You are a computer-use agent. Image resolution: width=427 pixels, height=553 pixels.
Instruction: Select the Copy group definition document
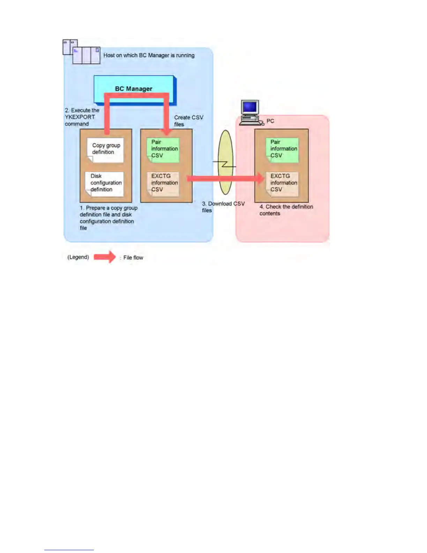(105, 150)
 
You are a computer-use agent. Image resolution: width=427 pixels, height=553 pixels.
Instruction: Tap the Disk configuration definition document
(104, 183)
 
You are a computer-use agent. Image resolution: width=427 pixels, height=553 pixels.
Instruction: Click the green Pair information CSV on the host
(163, 149)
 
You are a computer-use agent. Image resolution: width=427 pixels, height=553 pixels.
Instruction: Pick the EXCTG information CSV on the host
(163, 183)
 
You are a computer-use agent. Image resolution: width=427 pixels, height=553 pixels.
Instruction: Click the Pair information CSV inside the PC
(283, 149)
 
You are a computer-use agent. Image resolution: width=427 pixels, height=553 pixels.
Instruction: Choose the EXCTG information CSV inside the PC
(283, 183)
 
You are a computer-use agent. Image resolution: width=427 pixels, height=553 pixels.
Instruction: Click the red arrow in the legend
(105, 257)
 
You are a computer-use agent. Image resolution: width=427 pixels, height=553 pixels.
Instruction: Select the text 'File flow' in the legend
(133, 258)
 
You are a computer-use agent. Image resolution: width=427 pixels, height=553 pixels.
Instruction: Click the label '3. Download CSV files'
(223, 207)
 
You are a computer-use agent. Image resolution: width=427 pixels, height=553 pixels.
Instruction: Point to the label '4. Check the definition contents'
(286, 210)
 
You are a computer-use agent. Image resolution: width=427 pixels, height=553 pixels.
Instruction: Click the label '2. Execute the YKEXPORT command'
(82, 117)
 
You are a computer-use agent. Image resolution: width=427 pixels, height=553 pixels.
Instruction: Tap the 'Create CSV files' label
(188, 121)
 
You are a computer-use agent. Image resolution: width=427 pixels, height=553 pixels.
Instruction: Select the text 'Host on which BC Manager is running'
(149, 55)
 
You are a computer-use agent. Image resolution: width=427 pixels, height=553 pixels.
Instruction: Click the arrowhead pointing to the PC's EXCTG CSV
(260, 178)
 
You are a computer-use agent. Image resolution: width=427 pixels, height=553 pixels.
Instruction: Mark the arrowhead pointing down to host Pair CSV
(167, 132)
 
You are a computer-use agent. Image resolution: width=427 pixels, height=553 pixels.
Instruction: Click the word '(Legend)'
(78, 257)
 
